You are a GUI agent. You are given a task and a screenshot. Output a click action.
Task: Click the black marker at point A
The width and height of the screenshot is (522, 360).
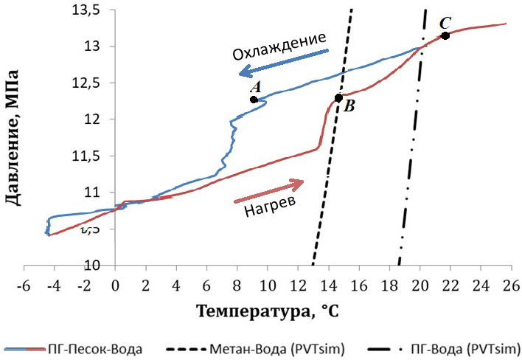point(254,100)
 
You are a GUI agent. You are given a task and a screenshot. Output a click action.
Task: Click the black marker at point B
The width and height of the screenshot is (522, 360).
point(338,97)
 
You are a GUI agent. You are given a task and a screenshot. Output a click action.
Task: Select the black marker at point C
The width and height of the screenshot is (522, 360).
point(445,35)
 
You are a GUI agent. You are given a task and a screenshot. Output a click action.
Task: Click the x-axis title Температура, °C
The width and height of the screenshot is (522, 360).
point(267,312)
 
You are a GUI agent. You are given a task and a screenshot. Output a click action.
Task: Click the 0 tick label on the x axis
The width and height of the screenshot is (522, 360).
point(115,283)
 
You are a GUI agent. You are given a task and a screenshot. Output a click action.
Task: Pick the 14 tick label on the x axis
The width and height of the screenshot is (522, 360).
point(327,283)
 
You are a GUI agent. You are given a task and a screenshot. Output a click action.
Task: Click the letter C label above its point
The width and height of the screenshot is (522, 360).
point(445,23)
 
